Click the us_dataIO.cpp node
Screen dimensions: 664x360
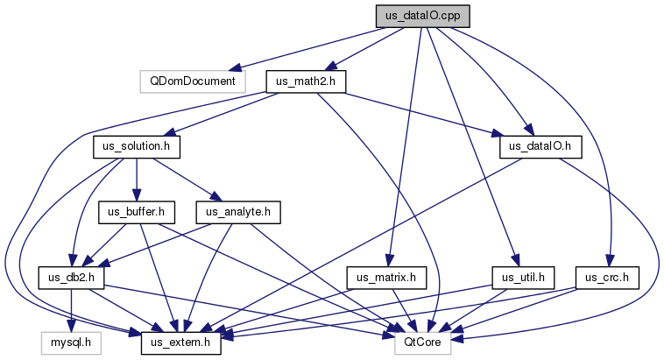[x=422, y=17]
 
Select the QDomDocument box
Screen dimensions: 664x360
[x=193, y=81]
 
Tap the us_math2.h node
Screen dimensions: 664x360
[x=306, y=81]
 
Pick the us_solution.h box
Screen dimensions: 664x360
[x=137, y=147]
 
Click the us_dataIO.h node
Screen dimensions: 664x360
[x=540, y=147]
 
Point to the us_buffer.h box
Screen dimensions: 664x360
[x=137, y=212]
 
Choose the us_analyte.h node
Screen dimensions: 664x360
[x=238, y=212]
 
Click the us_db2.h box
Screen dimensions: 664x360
[x=71, y=278]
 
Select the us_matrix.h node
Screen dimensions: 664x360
[x=386, y=278]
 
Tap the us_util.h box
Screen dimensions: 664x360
[x=523, y=278]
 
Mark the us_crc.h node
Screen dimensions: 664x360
[x=607, y=278]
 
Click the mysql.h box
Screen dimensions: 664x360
[x=71, y=343]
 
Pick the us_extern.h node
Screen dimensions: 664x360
[x=180, y=343]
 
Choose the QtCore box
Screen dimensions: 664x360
[x=422, y=343]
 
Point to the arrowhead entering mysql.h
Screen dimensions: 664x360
[x=71, y=327]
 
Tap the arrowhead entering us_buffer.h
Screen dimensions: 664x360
[x=137, y=195]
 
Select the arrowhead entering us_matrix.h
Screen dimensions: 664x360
[x=390, y=261]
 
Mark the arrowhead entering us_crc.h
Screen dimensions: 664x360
[x=610, y=261]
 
